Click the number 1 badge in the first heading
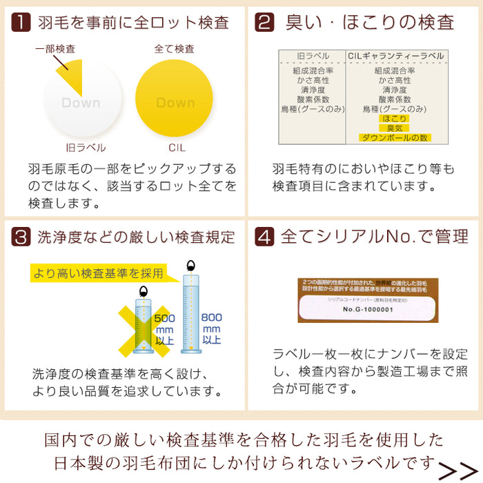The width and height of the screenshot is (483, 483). pos(22,22)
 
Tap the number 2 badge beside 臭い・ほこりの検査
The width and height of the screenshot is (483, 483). pos(264,22)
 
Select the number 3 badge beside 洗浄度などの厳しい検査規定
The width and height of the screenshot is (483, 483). pos(22,237)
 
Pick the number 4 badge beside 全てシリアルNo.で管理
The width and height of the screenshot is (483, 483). pos(264,237)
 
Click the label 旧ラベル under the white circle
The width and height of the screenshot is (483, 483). pos(81,148)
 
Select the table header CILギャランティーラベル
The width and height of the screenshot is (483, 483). pos(396,56)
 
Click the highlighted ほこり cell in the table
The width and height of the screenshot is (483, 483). pos(394,118)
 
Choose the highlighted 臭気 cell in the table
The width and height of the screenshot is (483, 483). pos(394,128)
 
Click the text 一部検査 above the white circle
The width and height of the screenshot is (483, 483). pos(56,49)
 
